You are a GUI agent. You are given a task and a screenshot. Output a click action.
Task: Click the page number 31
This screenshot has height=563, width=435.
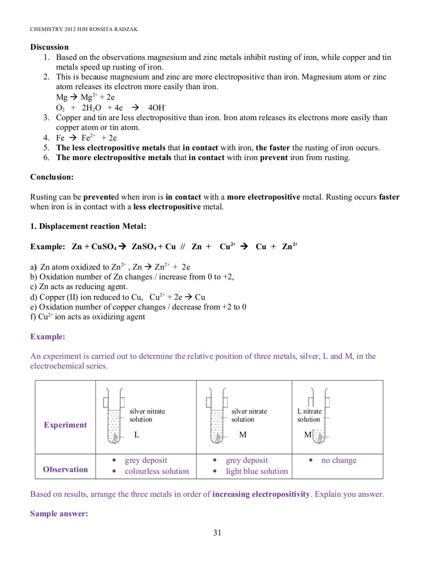pyautogui.click(x=217, y=532)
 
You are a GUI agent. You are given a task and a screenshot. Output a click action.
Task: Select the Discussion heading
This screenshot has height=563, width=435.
pyautogui.click(x=49, y=47)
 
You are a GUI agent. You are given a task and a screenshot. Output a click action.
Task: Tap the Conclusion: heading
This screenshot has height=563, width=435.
pyautogui.click(x=52, y=177)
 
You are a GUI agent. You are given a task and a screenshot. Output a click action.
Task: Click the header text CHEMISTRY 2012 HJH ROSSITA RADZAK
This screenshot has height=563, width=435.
pyautogui.click(x=84, y=29)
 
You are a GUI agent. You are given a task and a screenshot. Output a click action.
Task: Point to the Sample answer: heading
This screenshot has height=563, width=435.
pyautogui.click(x=59, y=514)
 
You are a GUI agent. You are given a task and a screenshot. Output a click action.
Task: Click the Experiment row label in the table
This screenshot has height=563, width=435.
pyautogui.click(x=65, y=425)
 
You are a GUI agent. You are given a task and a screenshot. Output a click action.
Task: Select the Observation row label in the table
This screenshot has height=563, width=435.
pyautogui.click(x=65, y=470)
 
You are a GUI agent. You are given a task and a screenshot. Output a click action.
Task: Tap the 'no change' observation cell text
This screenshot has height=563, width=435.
pyautogui.click(x=339, y=460)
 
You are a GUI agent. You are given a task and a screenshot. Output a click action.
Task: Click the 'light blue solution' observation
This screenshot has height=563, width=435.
pyautogui.click(x=257, y=471)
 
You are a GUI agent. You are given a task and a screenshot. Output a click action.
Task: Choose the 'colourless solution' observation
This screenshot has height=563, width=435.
pyautogui.click(x=157, y=471)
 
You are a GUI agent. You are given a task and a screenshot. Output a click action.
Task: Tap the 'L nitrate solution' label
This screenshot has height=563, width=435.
pyautogui.click(x=309, y=415)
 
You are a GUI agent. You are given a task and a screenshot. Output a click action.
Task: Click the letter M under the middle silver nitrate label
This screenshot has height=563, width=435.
pyautogui.click(x=243, y=435)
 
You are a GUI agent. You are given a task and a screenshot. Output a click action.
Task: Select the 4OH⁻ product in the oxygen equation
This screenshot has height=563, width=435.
pyautogui.click(x=157, y=108)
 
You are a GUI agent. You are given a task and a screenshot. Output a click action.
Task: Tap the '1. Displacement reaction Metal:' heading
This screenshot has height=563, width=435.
pyautogui.click(x=88, y=226)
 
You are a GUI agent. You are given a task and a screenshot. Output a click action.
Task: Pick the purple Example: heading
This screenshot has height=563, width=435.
pyautogui.click(x=48, y=337)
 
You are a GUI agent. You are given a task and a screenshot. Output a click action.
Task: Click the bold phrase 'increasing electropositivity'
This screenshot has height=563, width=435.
pyautogui.click(x=261, y=494)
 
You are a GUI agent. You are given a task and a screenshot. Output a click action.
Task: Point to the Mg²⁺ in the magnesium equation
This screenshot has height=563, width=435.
pyautogui.click(x=88, y=97)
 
